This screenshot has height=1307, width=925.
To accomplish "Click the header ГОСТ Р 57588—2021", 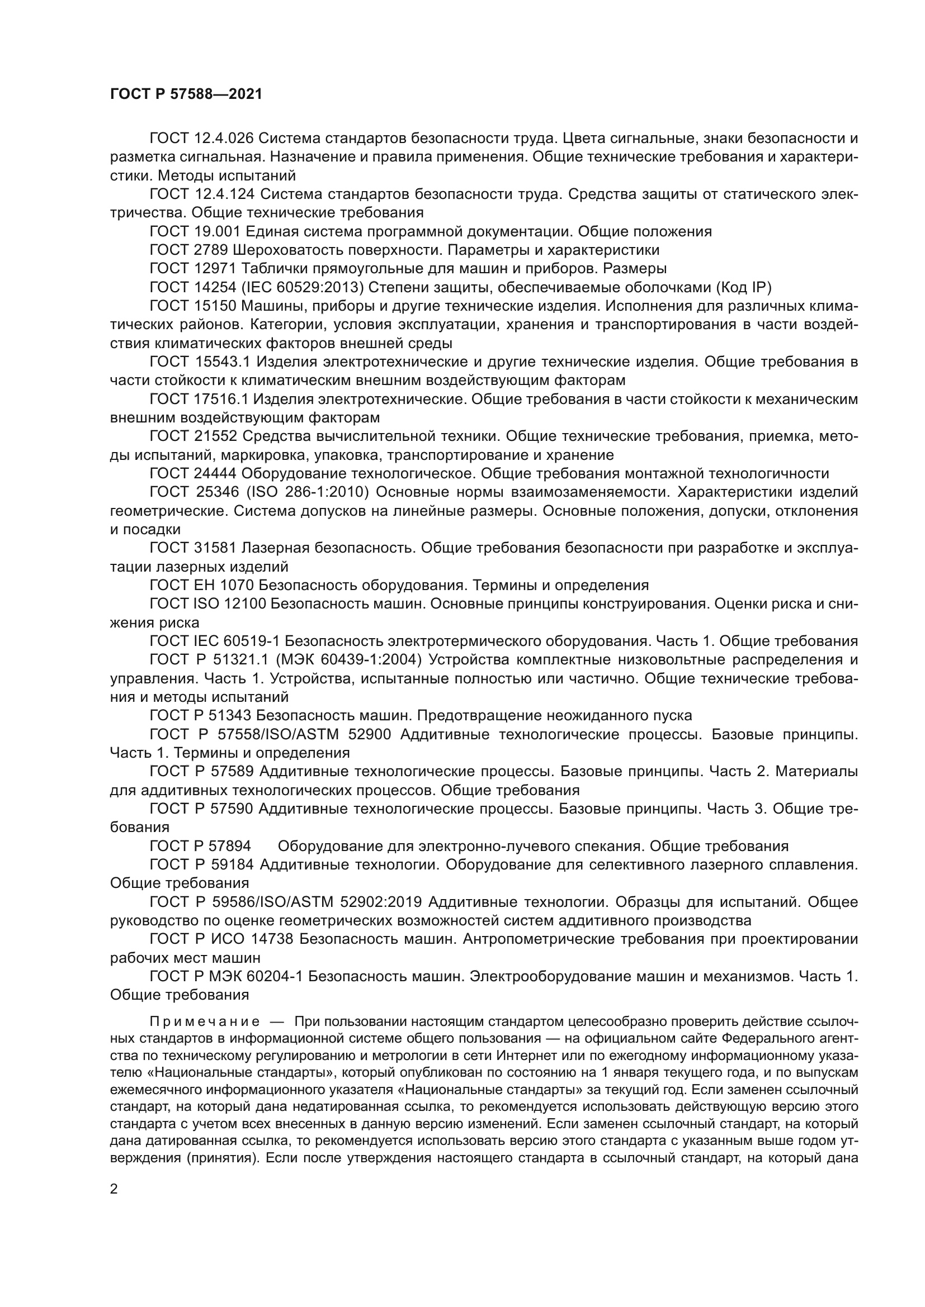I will pos(186,94).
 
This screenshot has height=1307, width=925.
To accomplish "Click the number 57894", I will pos(230,846).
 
